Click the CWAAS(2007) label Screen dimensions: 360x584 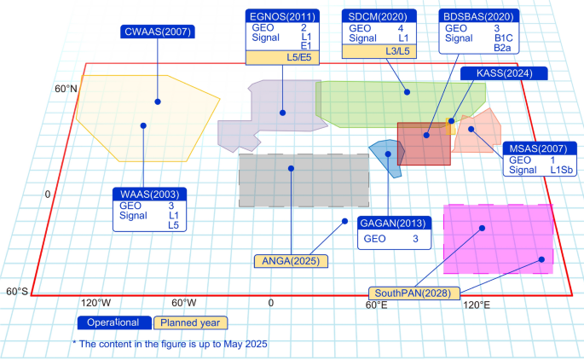pyautogui.click(x=158, y=32)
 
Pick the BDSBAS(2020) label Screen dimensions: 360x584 pyautogui.click(x=477, y=16)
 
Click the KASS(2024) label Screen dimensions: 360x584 pyautogui.click(x=504, y=73)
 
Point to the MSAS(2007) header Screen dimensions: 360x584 pyautogui.click(x=536, y=148)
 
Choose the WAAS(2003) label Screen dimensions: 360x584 pyautogui.click(x=149, y=194)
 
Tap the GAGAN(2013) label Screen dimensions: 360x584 pyautogui.click(x=395, y=224)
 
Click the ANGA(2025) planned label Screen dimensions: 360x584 pyautogui.click(x=291, y=259)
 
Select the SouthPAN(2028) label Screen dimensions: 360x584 pyautogui.click(x=413, y=293)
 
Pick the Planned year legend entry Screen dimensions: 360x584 pyautogui.click(x=190, y=322)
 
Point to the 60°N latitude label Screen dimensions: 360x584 pyautogui.click(x=66, y=90)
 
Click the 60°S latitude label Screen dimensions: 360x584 pyautogui.click(x=17, y=292)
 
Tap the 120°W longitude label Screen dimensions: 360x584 pyautogui.click(x=95, y=304)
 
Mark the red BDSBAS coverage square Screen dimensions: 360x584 pyautogui.click(x=424, y=144)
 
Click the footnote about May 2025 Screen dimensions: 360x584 pyautogui.click(x=170, y=344)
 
